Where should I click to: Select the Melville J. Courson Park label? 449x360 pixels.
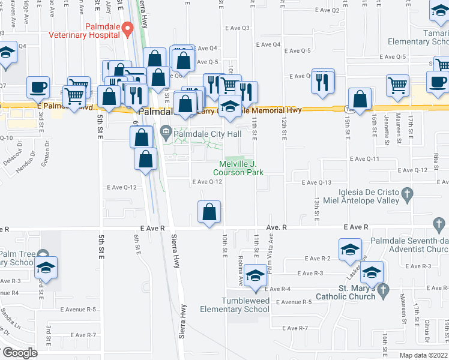[241, 168]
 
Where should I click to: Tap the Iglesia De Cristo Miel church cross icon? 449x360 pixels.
[408, 193]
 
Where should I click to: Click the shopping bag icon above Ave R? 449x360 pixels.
[209, 212]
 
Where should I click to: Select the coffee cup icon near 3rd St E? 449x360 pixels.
[38, 88]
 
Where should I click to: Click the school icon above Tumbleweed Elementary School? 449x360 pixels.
[256, 275]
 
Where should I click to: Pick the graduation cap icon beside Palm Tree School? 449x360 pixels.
[45, 268]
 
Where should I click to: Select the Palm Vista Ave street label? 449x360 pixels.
[271, 247]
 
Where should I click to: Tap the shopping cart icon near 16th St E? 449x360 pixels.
[397, 85]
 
